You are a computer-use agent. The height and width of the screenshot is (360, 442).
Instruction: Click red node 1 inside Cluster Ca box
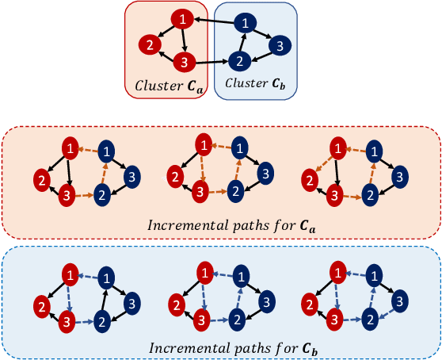pos(183,18)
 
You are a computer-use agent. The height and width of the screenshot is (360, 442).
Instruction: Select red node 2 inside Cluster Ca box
pos(147,44)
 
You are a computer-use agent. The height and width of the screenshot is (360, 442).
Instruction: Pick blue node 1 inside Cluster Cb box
pos(248,21)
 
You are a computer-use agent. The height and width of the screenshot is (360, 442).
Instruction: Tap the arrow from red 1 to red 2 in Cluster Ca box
pos(166,31)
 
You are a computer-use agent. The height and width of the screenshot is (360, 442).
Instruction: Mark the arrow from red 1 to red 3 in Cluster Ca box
pos(184,40)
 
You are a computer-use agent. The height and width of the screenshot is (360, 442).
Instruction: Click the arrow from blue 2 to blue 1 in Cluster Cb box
pos(242,42)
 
